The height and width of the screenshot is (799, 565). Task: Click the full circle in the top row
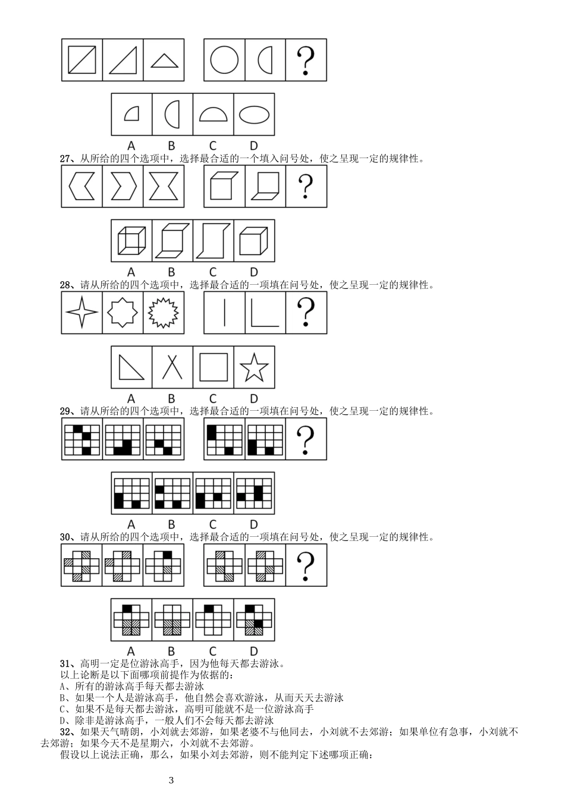[224, 60]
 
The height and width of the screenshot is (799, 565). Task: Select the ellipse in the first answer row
[254, 115]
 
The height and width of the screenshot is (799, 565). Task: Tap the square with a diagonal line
[82, 60]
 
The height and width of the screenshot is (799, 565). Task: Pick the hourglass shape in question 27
[164, 186]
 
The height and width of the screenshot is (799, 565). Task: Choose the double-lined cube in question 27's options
[132, 241]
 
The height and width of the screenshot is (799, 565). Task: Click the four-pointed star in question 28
[82, 312]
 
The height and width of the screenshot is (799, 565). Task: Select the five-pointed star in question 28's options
[254, 367]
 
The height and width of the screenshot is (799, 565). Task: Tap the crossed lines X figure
[172, 367]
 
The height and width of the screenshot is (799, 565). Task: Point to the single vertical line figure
[224, 312]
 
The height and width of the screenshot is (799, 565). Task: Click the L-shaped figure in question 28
[265, 312]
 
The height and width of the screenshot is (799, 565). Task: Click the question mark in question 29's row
[306, 439]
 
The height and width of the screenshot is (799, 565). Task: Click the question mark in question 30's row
[306, 565]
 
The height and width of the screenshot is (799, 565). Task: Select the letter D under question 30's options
[254, 651]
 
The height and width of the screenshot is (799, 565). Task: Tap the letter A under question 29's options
[131, 524]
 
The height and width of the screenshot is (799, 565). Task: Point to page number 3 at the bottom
[171, 781]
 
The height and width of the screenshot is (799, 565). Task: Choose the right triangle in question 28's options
[131, 367]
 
